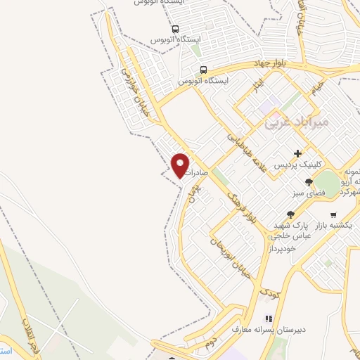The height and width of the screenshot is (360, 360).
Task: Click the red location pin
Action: coord(181,165)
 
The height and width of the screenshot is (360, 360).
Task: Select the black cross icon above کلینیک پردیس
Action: coord(298,153)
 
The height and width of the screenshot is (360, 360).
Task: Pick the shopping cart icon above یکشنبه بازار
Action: coord(333,215)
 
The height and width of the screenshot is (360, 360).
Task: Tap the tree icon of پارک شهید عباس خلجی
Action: coord(290,214)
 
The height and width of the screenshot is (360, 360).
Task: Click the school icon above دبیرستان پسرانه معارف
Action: coord(267,318)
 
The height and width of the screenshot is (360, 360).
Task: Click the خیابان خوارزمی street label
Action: coord(133,96)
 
